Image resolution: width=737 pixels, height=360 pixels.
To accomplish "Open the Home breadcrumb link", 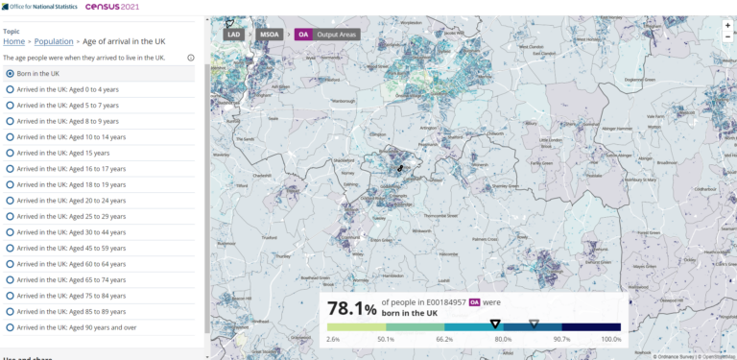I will point(14,42).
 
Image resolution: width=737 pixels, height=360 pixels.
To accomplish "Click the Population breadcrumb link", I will point(54,42).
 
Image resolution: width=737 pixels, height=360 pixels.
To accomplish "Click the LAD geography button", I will point(234,35).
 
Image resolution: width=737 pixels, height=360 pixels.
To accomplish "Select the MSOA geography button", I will point(270,35).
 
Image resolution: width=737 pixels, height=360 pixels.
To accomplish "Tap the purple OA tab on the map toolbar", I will point(303,35).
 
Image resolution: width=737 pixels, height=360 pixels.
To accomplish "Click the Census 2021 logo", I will point(112,7).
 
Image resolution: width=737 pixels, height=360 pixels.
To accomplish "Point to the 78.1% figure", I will point(351,308).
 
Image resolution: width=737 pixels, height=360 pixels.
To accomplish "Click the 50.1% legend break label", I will point(386,339).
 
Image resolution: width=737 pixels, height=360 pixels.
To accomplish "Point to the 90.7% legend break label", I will point(561,339).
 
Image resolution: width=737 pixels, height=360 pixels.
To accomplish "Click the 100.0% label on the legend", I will point(611,339).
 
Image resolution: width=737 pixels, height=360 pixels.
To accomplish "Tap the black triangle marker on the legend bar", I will point(495,324).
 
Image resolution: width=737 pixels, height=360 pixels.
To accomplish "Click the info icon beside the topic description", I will point(191,58).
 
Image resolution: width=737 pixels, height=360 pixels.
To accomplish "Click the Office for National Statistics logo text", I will point(42,7).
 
